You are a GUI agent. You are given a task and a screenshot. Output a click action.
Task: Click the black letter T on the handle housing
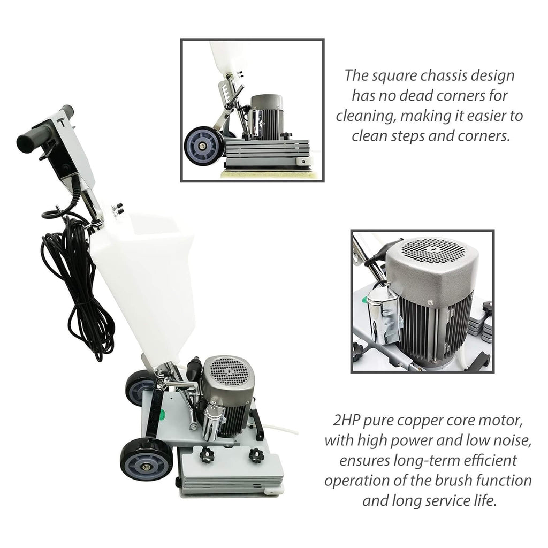click(62, 121)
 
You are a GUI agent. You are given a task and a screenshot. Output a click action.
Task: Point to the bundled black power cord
click(75, 278)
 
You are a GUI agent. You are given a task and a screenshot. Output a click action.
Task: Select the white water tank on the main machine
click(139, 278)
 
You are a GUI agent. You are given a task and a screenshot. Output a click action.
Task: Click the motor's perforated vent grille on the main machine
click(228, 370)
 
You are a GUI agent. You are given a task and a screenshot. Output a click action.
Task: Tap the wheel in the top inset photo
click(204, 143)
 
